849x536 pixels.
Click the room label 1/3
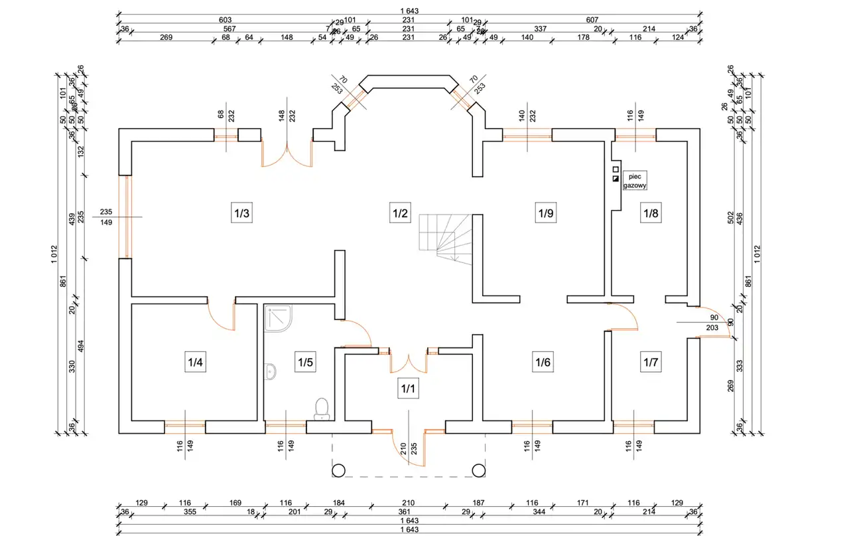pyautogui.click(x=241, y=214)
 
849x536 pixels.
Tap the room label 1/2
pyautogui.click(x=399, y=214)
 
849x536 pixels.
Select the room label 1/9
pyautogui.click(x=545, y=214)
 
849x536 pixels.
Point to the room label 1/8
pyautogui.click(x=650, y=214)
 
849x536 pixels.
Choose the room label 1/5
pyautogui.click(x=305, y=363)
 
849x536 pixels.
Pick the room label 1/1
pyautogui.click(x=407, y=389)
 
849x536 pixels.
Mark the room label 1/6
pyautogui.click(x=543, y=363)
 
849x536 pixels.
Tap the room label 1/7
pyautogui.click(x=650, y=363)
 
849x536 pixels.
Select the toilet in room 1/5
pyautogui.click(x=322, y=408)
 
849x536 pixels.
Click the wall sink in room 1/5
pyautogui.click(x=271, y=372)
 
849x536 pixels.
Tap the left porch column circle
pyautogui.click(x=338, y=470)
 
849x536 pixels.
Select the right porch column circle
pyautogui.click(x=478, y=470)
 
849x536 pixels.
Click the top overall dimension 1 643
pyautogui.click(x=410, y=11)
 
